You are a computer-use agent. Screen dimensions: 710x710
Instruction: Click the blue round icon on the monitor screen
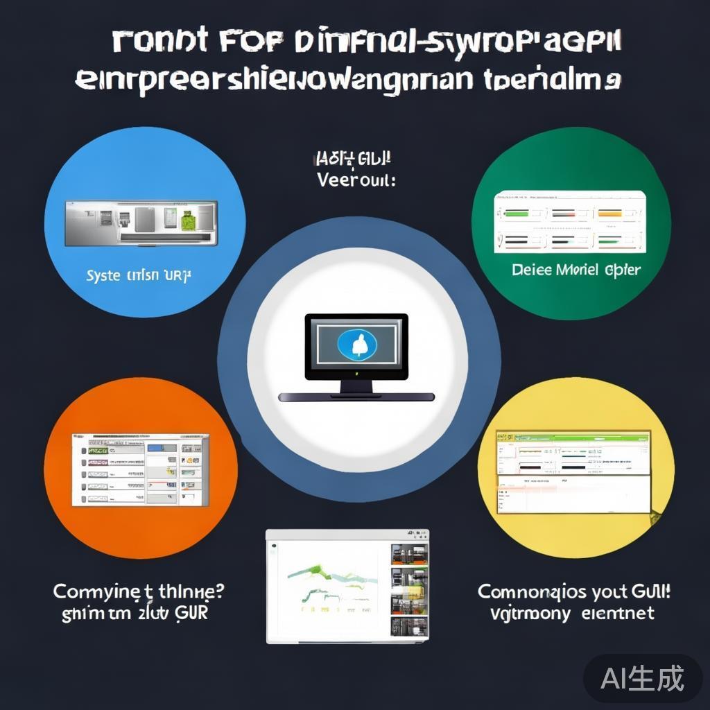pyautogui.click(x=356, y=343)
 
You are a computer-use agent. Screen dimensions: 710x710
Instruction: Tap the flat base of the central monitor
pyautogui.click(x=356, y=397)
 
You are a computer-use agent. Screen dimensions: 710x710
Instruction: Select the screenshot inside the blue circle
pyautogui.click(x=141, y=223)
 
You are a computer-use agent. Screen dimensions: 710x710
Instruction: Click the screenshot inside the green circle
pyautogui.click(x=570, y=222)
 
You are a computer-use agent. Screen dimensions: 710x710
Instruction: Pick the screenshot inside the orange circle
pyautogui.click(x=140, y=469)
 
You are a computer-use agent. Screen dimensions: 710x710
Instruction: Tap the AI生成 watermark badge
pyautogui.click(x=642, y=677)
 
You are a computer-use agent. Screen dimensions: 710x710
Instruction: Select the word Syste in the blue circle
pyautogui.click(x=103, y=276)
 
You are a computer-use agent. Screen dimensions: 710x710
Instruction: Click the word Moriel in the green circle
pyautogui.click(x=578, y=270)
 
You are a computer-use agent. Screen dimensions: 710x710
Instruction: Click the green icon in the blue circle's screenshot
pyautogui.click(x=187, y=221)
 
